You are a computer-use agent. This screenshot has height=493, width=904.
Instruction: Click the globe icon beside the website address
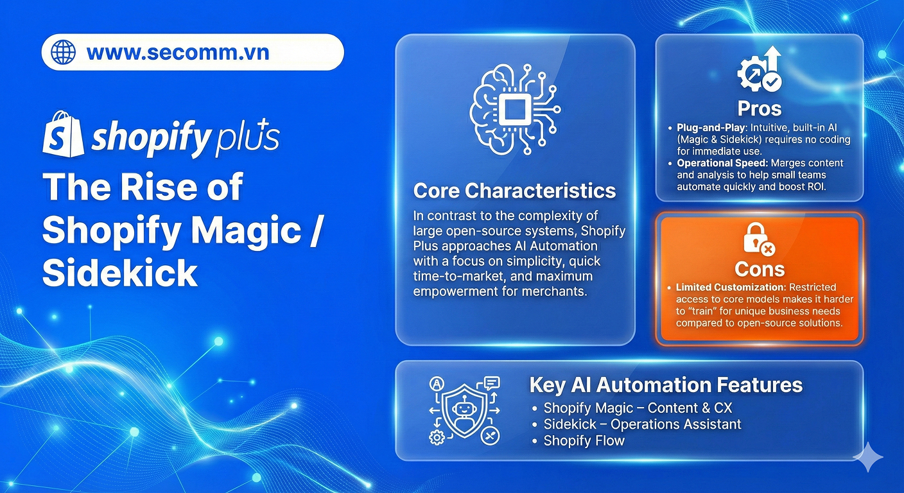(63, 52)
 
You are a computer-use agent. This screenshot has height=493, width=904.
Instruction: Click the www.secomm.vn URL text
(178, 53)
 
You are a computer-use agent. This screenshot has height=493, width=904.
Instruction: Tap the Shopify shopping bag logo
(64, 134)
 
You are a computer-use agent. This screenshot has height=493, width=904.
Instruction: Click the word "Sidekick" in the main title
(120, 272)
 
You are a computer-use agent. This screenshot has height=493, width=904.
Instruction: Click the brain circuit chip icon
(515, 109)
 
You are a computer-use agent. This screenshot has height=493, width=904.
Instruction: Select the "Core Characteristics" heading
(514, 191)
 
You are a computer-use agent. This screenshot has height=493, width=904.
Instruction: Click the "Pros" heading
(759, 108)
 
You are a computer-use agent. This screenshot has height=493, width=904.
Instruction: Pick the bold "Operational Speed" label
(722, 163)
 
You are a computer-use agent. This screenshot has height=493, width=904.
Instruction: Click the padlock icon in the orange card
(759, 239)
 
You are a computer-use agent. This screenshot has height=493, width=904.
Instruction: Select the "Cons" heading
(760, 269)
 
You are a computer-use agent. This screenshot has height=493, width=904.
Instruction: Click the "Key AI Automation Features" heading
(666, 385)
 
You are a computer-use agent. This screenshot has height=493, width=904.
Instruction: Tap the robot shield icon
(464, 411)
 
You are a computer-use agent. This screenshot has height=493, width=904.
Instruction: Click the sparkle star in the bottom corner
(868, 457)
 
